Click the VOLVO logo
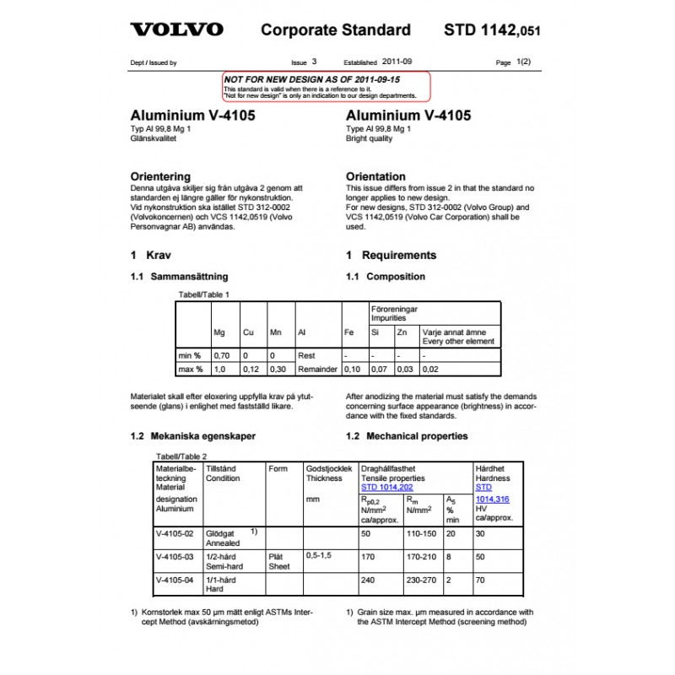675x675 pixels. coord(176,30)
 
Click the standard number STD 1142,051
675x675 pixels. coord(491,30)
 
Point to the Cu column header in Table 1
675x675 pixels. coord(248,332)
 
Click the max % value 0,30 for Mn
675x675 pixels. coord(278,370)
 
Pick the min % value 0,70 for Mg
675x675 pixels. coord(221,355)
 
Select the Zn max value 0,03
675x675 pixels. coord(405,370)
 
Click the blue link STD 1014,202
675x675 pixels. coord(386,487)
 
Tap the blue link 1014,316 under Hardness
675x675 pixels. coord(493,499)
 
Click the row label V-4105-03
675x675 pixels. coord(175,557)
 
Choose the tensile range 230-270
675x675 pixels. coord(421,580)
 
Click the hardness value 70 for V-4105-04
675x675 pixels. coord(481,580)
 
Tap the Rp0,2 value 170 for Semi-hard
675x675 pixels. coord(367,557)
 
